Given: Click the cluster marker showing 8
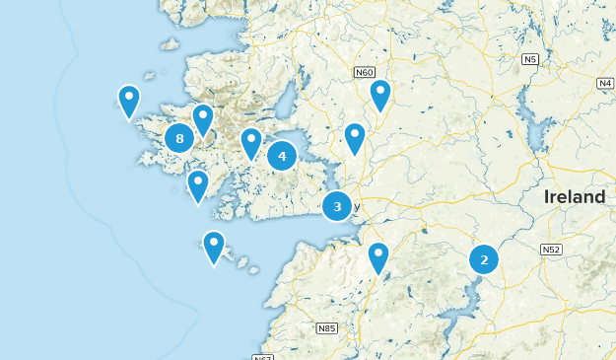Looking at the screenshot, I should point(179,139).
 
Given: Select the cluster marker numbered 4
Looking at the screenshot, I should point(282,155).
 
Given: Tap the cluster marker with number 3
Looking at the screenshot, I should point(337,206).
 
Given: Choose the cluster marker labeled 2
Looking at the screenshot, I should point(484,259).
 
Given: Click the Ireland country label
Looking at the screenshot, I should point(575,197).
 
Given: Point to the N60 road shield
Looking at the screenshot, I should point(366,72).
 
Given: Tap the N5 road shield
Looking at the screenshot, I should point(531,60).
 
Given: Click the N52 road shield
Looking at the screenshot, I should point(551,251).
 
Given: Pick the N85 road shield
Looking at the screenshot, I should point(326,327).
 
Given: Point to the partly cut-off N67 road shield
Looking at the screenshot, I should point(262,357).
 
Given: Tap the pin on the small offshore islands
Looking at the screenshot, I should point(214,247).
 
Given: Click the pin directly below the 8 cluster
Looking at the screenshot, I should point(198,185).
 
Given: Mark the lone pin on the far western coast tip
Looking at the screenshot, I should point(128,101).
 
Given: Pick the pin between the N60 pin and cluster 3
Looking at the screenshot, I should point(355,139).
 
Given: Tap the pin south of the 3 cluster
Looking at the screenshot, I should point(378,257).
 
